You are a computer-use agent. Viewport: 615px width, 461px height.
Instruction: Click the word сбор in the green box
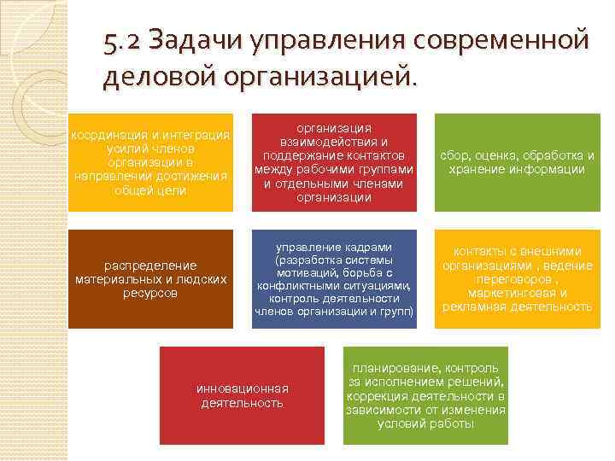tap(455, 155)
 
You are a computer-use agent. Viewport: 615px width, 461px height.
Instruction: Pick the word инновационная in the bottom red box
tap(243, 388)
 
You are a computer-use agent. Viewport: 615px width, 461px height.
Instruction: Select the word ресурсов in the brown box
tap(150, 293)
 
